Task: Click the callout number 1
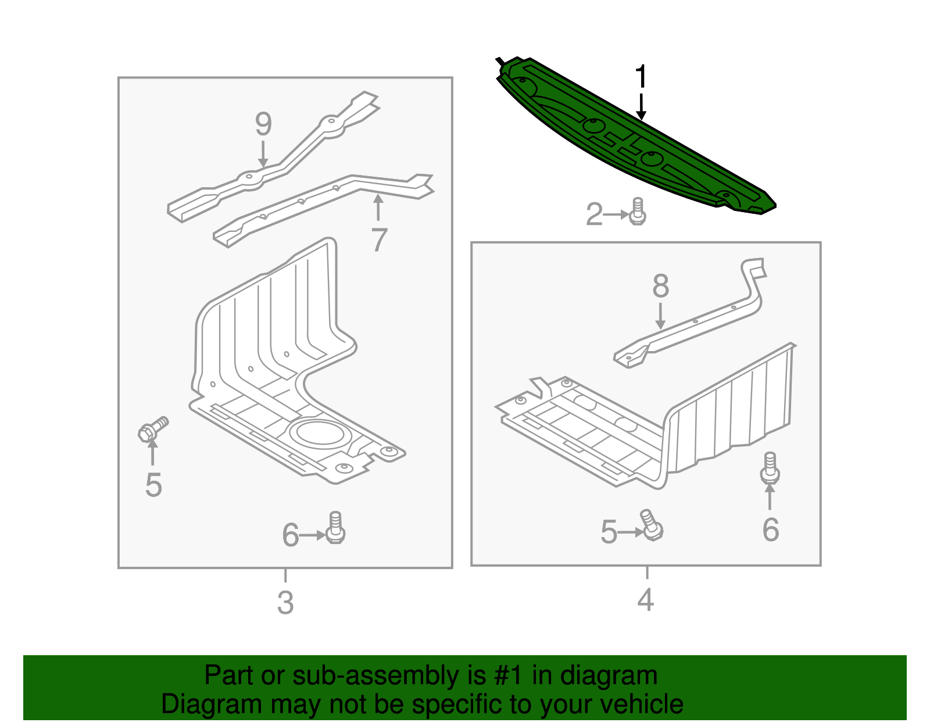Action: (x=641, y=77)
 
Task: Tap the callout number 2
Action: (x=594, y=214)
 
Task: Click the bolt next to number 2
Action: (x=638, y=212)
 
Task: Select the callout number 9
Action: (x=263, y=124)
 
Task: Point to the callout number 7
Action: (x=379, y=239)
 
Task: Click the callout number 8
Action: (x=660, y=286)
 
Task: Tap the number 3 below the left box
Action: (x=285, y=603)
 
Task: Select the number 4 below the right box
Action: (x=646, y=599)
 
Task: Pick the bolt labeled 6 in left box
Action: (x=335, y=528)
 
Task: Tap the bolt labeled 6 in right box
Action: (x=770, y=468)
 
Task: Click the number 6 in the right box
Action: (x=770, y=530)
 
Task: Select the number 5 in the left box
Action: (x=153, y=485)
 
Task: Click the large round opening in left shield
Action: (x=317, y=434)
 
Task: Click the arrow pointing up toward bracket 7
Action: (x=378, y=208)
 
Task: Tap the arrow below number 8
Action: (x=660, y=316)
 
